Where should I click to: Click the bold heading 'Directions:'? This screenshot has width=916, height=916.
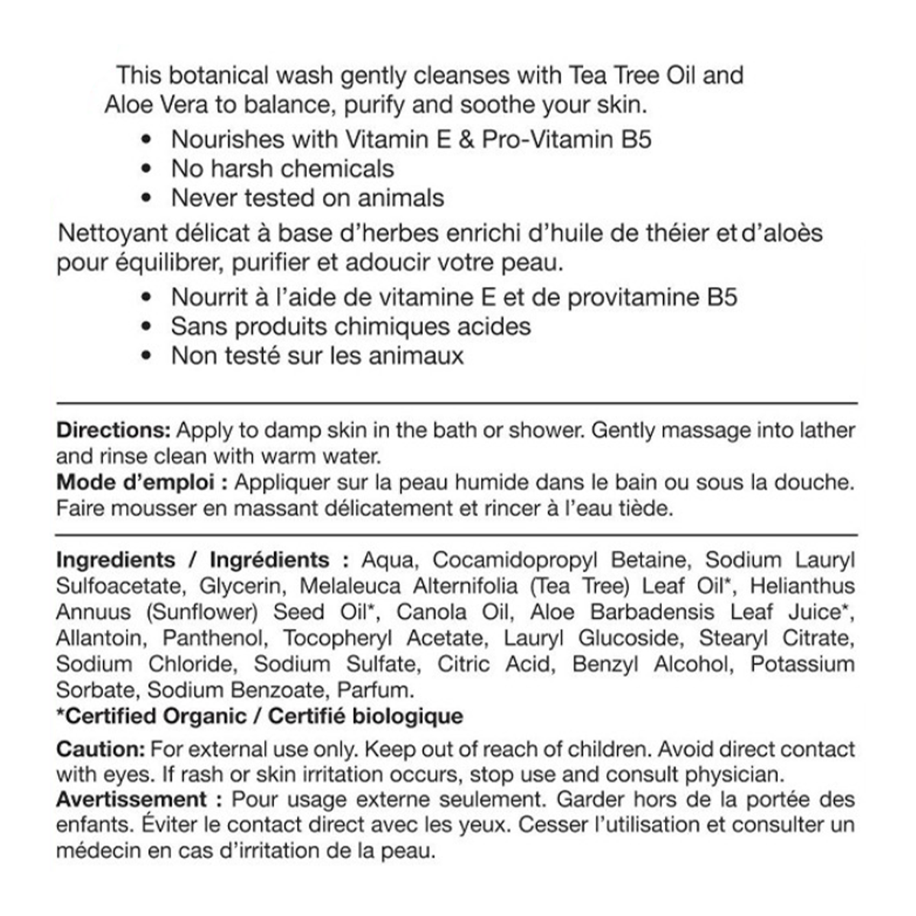pyautogui.click(x=114, y=430)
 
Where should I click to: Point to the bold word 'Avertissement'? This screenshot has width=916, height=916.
pyautogui.click(x=131, y=800)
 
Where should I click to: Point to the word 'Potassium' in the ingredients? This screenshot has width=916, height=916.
pyautogui.click(x=802, y=664)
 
